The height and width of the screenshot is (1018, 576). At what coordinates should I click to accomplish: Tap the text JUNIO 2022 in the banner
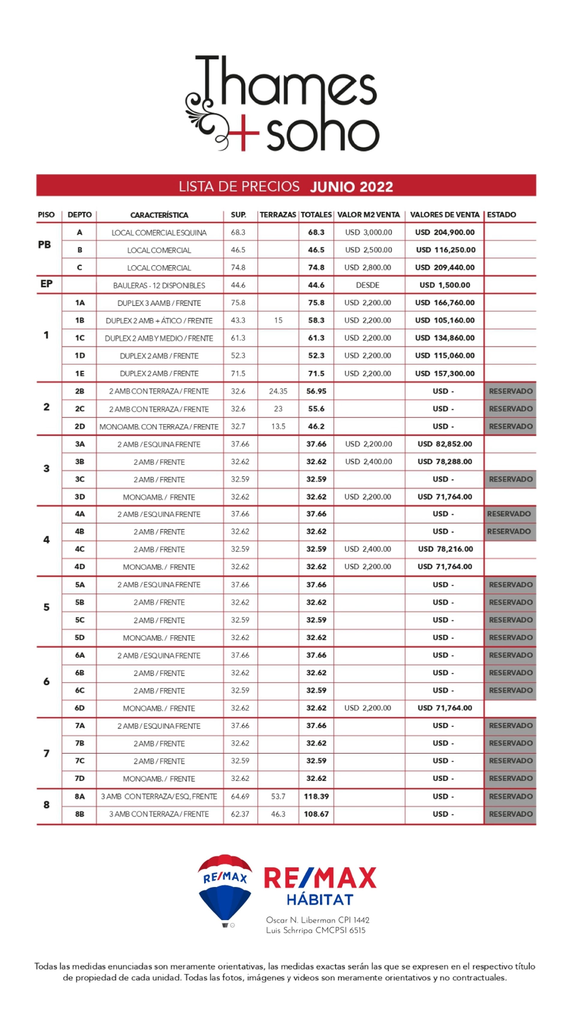[351, 186]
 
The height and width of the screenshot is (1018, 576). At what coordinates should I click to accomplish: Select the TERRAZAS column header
[278, 215]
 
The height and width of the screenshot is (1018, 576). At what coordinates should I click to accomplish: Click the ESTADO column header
[501, 215]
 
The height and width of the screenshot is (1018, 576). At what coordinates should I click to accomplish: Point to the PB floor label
[44, 245]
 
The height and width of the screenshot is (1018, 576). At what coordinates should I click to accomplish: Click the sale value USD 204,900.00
[445, 232]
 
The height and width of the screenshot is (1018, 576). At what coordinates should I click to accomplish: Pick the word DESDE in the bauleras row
[367, 285]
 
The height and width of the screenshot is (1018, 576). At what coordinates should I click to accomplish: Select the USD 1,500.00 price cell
[445, 285]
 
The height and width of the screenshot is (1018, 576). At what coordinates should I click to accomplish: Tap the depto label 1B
[79, 320]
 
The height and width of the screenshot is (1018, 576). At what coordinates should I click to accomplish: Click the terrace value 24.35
[278, 391]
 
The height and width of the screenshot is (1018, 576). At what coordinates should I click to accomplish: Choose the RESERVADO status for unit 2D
[510, 426]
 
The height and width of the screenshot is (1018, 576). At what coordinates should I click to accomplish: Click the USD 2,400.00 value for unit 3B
[368, 462]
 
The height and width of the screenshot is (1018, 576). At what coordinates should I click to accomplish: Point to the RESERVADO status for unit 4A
[509, 514]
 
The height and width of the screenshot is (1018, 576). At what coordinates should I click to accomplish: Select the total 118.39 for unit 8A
[316, 796]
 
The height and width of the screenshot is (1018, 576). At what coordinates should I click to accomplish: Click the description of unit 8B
[159, 814]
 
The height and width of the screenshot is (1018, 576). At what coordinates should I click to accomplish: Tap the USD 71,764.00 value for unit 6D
[445, 708]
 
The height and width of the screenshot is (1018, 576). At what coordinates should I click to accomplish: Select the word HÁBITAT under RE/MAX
[319, 900]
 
